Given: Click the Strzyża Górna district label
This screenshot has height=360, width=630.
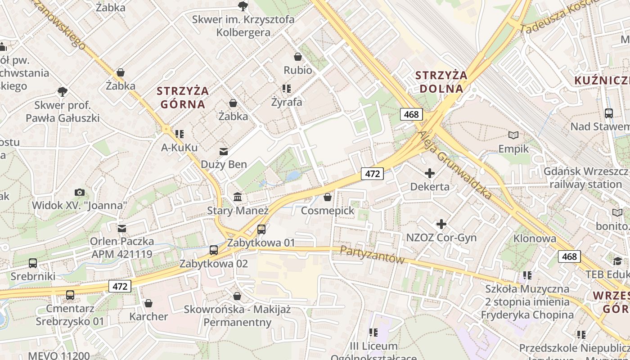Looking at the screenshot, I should click(182, 98).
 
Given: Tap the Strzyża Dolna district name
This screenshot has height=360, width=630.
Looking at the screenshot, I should click(441, 82).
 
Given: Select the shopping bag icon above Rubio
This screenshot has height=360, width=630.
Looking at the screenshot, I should click(297, 57).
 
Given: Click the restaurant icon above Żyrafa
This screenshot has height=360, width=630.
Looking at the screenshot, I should click(287, 89).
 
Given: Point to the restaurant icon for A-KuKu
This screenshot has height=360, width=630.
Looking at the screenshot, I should click(180, 134).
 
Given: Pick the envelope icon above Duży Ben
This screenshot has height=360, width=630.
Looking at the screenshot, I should click(224, 151).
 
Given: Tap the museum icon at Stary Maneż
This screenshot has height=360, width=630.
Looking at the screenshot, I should click(238, 197).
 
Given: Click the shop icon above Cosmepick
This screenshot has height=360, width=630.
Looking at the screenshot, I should click(328, 197).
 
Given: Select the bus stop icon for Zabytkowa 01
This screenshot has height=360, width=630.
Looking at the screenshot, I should click(261, 229).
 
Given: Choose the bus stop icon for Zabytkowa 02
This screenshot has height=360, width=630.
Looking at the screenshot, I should click(214, 250).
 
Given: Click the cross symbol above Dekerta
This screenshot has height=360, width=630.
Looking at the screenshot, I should click(430, 173).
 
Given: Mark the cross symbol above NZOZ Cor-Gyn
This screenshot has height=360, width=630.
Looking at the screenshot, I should click(441, 224).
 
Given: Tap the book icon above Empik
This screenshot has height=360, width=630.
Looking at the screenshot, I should click(513, 135).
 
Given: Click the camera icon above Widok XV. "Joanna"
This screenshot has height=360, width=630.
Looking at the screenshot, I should click(80, 192).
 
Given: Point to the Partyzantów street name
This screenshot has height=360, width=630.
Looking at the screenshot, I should click(372, 254).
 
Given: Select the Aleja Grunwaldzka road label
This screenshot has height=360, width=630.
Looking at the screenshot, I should click(455, 165).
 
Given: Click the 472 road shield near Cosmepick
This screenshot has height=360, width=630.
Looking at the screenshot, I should click(373, 174).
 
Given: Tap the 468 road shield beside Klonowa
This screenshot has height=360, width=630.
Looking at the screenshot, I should click(569, 256).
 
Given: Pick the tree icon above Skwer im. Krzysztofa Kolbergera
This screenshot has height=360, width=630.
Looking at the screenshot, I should click(243, 6).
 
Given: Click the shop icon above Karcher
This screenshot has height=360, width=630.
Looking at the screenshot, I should click(148, 303).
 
